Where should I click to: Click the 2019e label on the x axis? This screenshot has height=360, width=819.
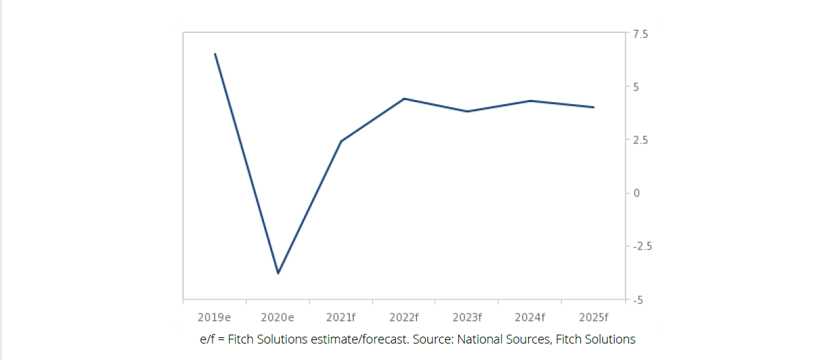(214, 317)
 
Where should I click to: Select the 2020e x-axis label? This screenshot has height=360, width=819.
(278, 317)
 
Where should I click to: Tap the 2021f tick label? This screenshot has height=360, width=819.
(341, 317)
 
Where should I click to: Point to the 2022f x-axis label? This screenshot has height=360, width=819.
(404, 317)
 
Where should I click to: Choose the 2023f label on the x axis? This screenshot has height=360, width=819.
(467, 317)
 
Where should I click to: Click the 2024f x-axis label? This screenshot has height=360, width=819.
(530, 317)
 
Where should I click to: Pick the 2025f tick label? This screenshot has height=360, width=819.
(593, 317)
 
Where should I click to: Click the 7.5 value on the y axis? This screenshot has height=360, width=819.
(641, 34)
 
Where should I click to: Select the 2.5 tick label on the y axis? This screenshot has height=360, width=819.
(641, 140)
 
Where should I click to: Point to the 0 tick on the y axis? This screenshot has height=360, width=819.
(637, 193)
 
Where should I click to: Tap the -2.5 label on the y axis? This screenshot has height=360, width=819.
(642, 246)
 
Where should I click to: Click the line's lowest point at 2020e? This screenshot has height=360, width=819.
(278, 273)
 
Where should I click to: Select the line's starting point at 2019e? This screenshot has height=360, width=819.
(215, 53)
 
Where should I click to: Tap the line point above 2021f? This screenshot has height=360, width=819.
(341, 141)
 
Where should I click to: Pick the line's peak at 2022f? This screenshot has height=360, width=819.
(404, 99)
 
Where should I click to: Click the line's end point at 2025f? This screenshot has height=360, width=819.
(593, 107)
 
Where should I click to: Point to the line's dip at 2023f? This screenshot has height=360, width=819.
(467, 111)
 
